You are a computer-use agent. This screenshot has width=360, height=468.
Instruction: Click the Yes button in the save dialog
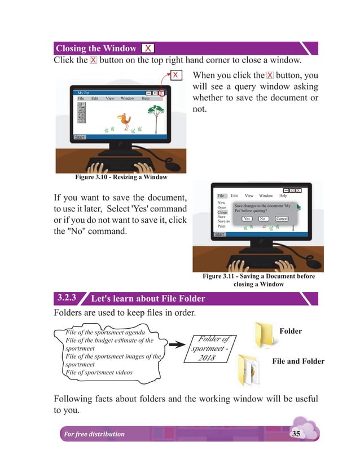(247, 218)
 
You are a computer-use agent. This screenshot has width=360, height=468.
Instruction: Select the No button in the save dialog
(262, 218)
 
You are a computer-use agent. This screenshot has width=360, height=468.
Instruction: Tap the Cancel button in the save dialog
(282, 218)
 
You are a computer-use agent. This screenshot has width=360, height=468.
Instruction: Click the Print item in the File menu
(222, 226)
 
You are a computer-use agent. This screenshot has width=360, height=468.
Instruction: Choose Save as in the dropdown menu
(223, 222)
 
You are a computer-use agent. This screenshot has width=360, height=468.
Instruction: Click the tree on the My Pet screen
(155, 113)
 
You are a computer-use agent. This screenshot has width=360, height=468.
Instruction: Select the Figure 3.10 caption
(121, 178)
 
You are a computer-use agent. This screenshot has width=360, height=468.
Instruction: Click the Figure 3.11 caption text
(259, 280)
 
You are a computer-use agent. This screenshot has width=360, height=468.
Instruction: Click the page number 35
(296, 433)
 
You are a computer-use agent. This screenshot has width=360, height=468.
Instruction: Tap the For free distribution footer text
(94, 434)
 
